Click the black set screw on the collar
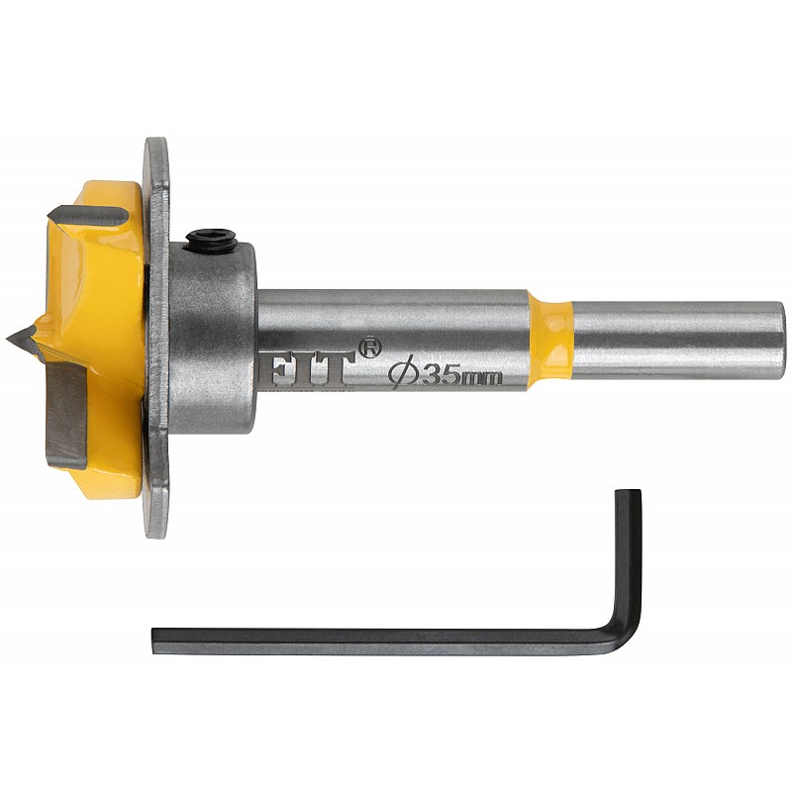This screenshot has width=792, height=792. click(x=212, y=240)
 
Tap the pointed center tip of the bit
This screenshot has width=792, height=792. click(x=8, y=339)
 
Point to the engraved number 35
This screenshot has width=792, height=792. click(x=440, y=374)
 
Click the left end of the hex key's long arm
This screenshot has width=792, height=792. click(x=153, y=642)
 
